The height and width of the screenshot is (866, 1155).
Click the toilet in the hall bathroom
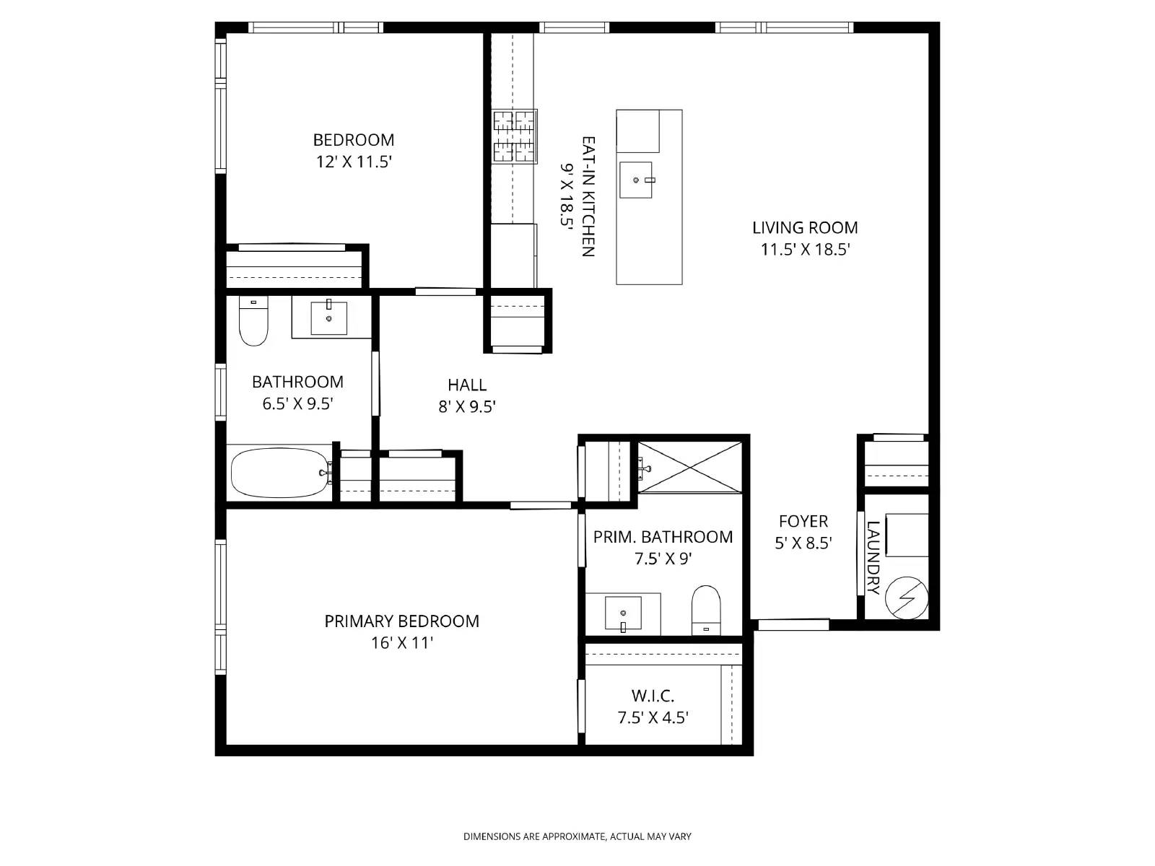(253, 323)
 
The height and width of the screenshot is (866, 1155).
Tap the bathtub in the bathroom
(279, 473)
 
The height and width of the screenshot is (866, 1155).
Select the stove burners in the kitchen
(515, 136)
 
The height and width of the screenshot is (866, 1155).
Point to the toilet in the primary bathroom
(707, 608)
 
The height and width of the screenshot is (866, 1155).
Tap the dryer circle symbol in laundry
(907, 598)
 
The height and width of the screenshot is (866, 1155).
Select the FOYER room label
(803, 521)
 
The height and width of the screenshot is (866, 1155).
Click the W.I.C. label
(653, 696)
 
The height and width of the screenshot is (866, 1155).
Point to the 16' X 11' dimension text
(401, 642)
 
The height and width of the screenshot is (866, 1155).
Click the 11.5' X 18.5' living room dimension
(805, 250)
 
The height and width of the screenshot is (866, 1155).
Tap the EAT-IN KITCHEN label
(588, 196)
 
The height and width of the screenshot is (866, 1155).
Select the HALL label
(467, 385)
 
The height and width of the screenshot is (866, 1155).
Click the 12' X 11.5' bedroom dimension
(354, 162)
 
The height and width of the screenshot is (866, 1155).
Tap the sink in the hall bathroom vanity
(328, 318)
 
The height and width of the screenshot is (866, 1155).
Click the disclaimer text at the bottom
(577, 836)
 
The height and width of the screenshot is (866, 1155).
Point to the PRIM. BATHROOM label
(663, 537)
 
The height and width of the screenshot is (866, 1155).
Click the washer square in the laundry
(907, 535)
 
